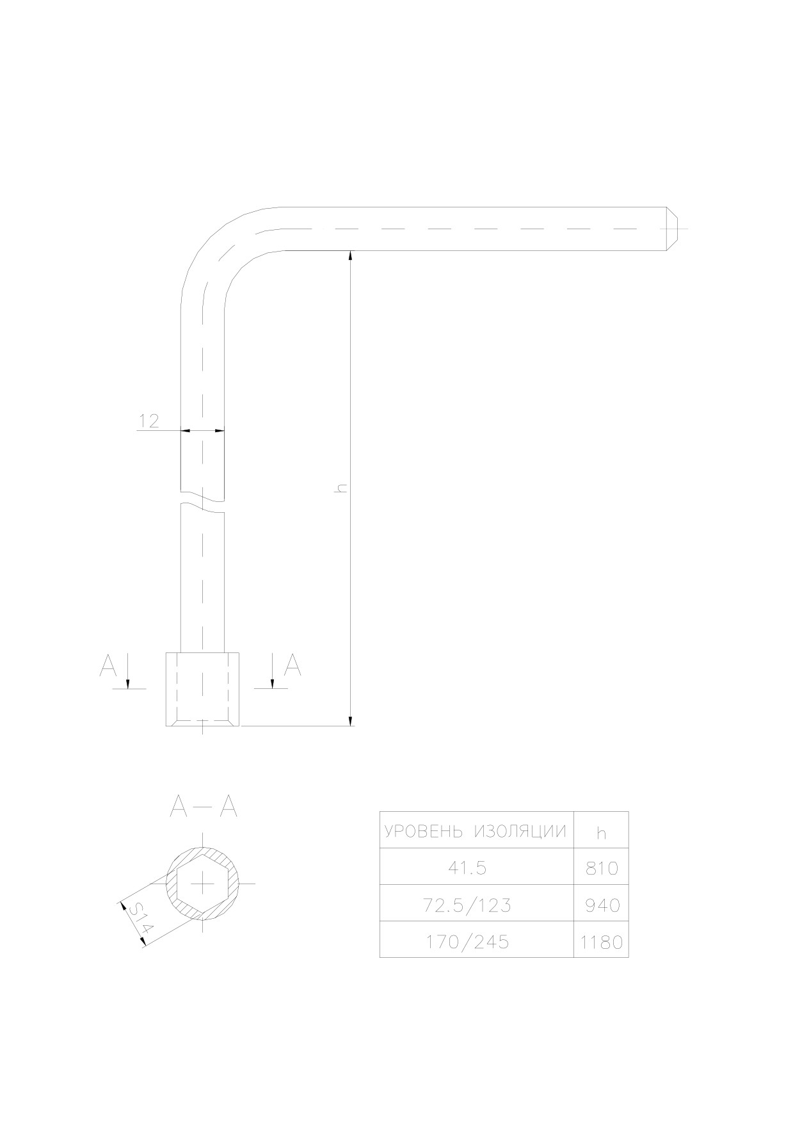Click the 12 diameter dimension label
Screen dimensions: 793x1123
(x=149, y=421)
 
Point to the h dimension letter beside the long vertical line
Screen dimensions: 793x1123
(x=342, y=488)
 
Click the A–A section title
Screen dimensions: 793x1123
(x=204, y=807)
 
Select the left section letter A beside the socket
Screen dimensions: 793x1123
(x=108, y=667)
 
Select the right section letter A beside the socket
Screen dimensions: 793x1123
(x=292, y=666)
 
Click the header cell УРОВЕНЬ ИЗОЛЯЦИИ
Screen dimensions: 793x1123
(x=476, y=832)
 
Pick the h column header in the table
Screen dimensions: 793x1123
(x=601, y=833)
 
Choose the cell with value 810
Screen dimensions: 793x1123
(x=602, y=868)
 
